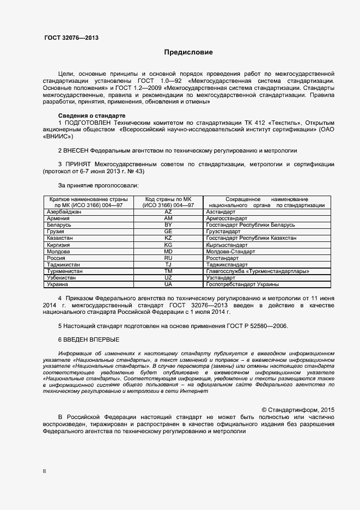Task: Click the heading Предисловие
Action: click(188, 53)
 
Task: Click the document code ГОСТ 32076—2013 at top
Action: click(71, 38)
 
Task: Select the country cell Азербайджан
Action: click(64, 211)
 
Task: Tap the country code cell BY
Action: click(168, 224)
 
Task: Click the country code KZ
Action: click(168, 238)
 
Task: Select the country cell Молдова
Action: click(58, 252)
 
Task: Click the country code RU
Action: click(168, 258)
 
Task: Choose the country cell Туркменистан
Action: click(65, 271)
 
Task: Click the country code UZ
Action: click(168, 277)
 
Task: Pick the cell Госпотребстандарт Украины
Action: click(243, 284)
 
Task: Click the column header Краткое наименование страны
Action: click(88, 199)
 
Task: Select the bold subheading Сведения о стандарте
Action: click(91, 116)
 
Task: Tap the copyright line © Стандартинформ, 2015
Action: click(298, 409)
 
